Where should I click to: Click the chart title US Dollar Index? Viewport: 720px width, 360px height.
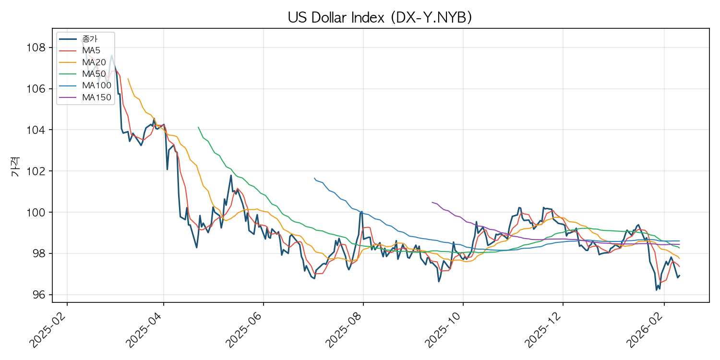(x=380, y=17)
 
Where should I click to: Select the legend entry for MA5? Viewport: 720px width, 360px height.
(x=91, y=50)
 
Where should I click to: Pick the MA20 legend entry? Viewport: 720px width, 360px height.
(x=93, y=62)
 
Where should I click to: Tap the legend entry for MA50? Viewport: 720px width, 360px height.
(x=93, y=74)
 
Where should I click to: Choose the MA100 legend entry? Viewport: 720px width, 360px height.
(x=96, y=85)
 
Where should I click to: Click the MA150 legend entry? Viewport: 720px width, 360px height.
(x=96, y=97)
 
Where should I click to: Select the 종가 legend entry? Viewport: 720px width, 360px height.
(x=90, y=39)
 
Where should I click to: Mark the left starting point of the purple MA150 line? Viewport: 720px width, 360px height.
(x=432, y=202)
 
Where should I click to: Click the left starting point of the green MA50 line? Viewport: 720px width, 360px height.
(x=198, y=127)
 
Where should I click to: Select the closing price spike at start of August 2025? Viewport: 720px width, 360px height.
(x=361, y=211)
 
